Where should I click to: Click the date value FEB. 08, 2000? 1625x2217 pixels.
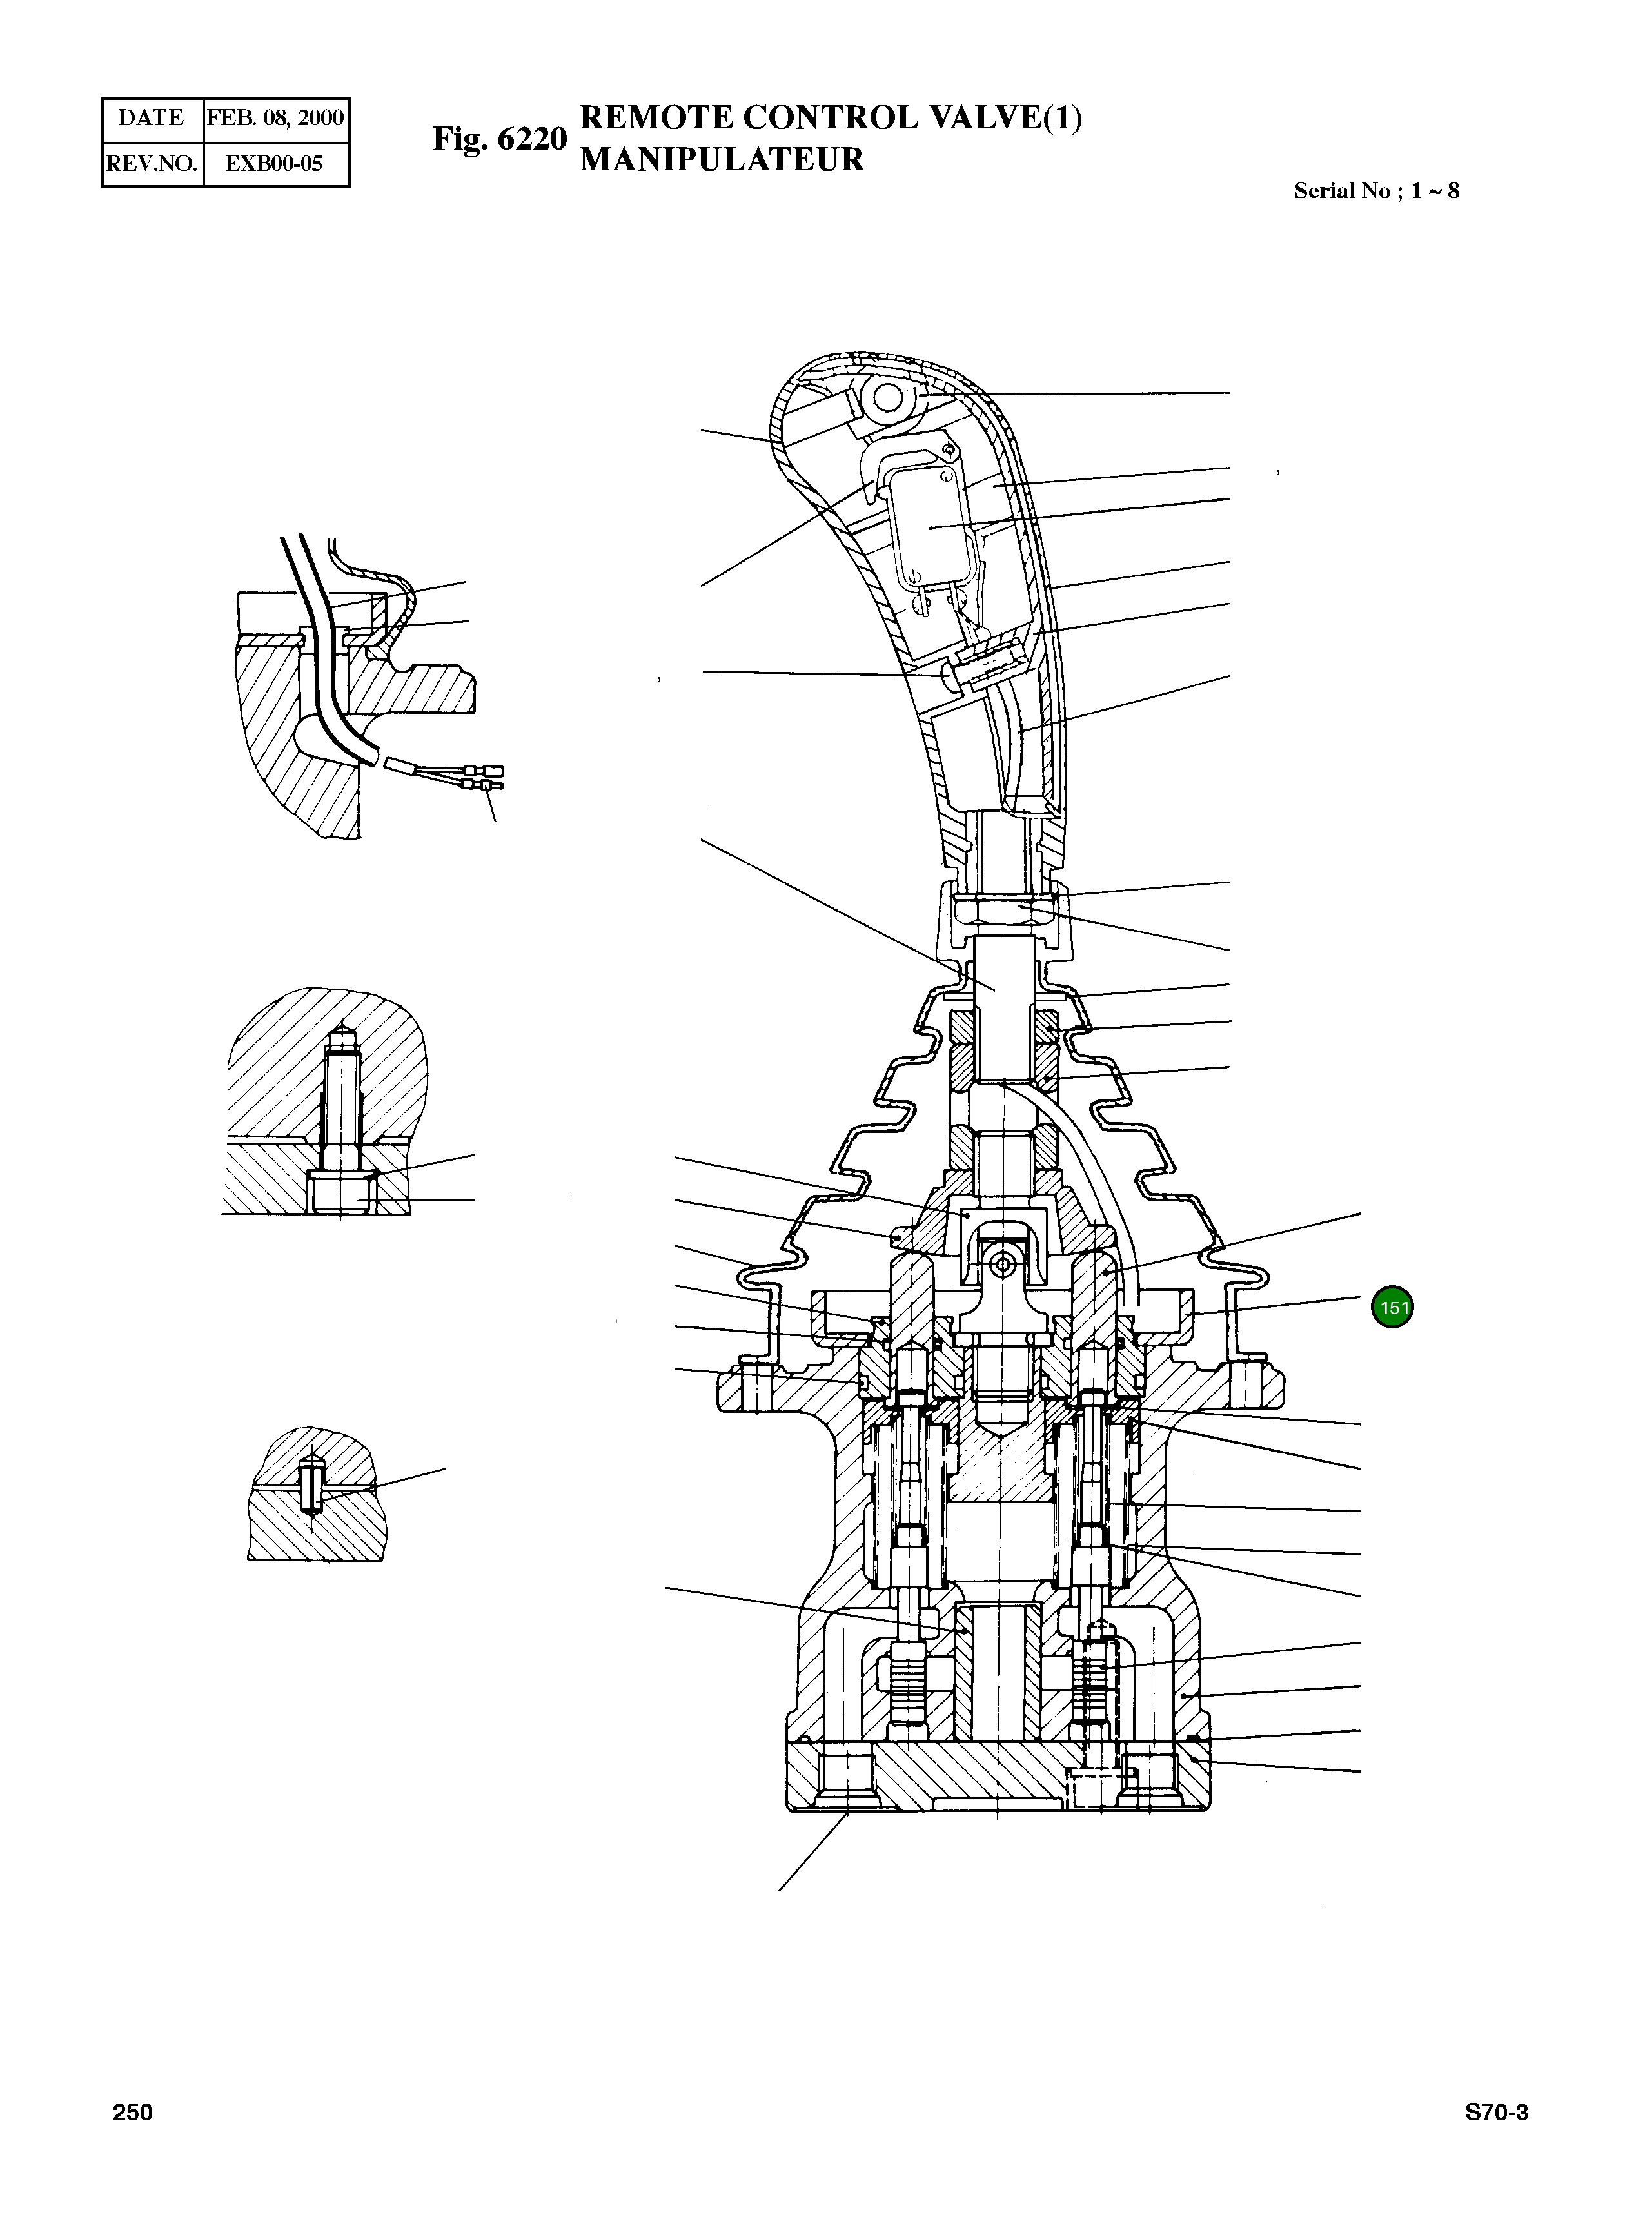pyautogui.click(x=275, y=118)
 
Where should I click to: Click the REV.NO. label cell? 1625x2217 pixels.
pyautogui.click(x=152, y=163)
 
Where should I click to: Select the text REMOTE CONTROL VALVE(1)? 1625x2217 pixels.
pyautogui.click(x=831, y=117)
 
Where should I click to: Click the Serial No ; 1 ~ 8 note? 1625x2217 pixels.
pyautogui.click(x=1375, y=191)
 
